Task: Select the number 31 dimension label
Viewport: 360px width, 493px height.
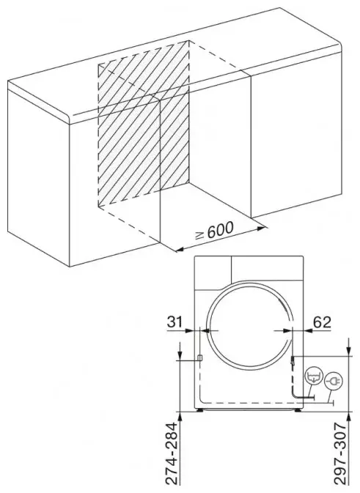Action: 175,322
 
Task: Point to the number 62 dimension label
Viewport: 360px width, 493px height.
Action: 322,322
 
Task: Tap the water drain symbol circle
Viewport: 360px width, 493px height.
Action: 314,376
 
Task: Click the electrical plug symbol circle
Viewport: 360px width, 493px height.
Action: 333,382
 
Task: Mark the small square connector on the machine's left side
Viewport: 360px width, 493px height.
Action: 199,357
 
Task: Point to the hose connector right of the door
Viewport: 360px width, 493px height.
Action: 293,361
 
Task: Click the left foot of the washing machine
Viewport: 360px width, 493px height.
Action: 199,410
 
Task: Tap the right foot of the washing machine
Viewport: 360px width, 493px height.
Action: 298,410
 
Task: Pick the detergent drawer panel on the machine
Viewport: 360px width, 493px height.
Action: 213,273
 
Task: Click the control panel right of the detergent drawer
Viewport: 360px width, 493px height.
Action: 268,267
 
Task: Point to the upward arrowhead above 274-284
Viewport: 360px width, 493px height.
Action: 180,417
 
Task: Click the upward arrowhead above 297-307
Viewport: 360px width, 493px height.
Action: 348,417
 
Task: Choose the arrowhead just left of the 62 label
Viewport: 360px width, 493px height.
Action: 308,330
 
